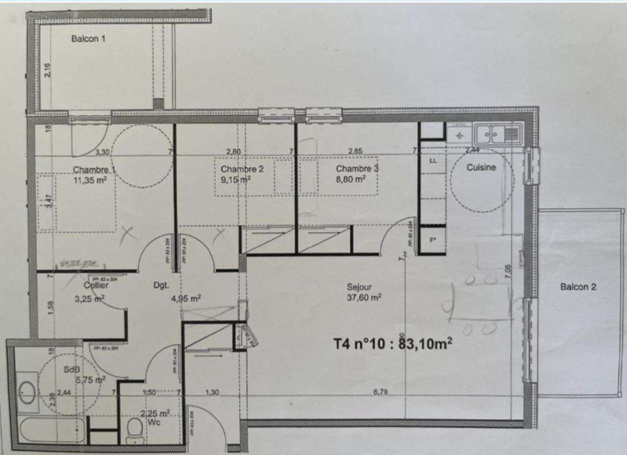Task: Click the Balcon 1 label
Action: [x=88, y=39]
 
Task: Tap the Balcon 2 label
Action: [x=578, y=287]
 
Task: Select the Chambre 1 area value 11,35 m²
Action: [x=90, y=179]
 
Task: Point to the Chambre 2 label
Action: [x=242, y=169]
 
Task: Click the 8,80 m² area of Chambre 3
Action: [x=350, y=178]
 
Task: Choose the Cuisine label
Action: [x=481, y=167]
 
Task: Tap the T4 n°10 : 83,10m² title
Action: [x=393, y=344]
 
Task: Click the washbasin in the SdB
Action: [x=26, y=390]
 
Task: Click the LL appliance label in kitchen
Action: [x=433, y=161]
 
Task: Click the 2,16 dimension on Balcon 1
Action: [x=48, y=71]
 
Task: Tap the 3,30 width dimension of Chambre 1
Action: [x=102, y=152]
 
